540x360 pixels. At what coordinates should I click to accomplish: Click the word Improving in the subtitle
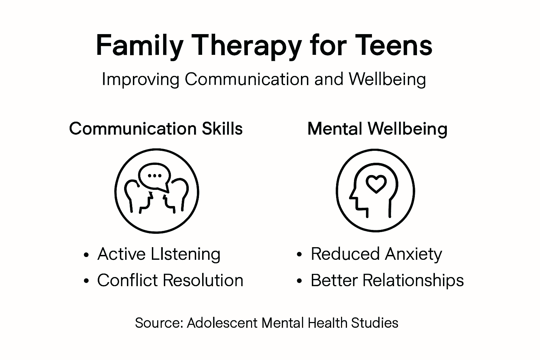click(x=140, y=79)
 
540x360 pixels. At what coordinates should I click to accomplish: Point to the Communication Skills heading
click(x=156, y=129)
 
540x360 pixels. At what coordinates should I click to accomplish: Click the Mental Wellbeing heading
click(x=377, y=129)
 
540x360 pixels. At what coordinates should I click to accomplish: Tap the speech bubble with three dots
click(x=155, y=176)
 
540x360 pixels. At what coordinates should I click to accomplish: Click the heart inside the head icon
click(x=376, y=184)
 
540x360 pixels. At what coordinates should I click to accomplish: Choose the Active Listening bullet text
click(x=159, y=254)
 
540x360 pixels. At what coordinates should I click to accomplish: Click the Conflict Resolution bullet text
click(x=170, y=281)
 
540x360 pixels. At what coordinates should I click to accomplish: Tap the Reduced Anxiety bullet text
click(x=376, y=254)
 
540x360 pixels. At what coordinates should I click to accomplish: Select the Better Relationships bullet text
click(x=387, y=281)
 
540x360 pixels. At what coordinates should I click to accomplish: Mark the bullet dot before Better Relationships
click(x=300, y=281)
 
